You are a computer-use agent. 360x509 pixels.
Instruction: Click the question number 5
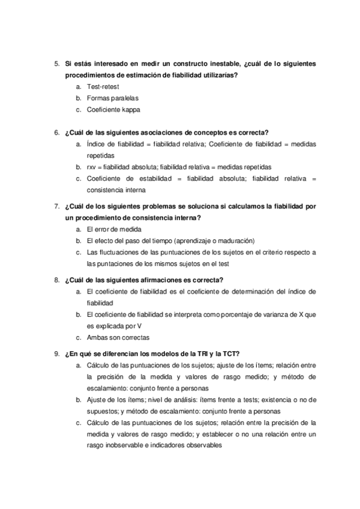click(x=56, y=63)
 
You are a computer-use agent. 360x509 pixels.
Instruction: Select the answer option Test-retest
click(x=103, y=86)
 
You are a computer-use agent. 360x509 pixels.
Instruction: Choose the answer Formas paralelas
click(x=112, y=98)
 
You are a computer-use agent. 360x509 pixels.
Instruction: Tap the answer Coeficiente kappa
click(x=113, y=109)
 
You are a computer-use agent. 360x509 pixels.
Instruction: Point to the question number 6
click(x=56, y=133)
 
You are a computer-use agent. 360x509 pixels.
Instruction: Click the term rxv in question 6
click(x=91, y=167)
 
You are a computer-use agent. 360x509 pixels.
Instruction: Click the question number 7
click(x=56, y=206)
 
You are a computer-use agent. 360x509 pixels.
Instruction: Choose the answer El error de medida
click(x=115, y=229)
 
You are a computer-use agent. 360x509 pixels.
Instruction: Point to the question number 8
click(x=56, y=280)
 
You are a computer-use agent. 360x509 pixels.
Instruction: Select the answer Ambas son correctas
click(x=118, y=337)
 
